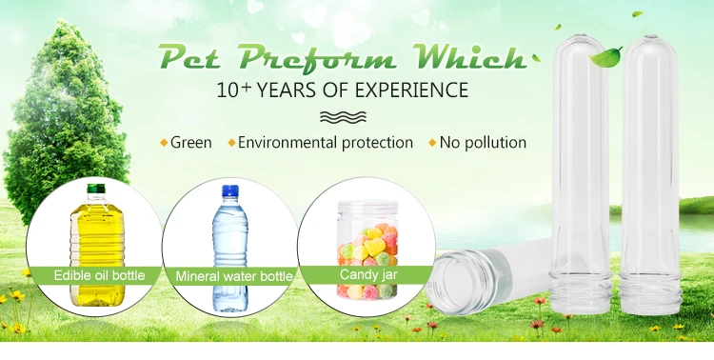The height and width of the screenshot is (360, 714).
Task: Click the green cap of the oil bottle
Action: [x=96, y=189]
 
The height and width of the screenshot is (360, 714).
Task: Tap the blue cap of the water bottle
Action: [x=230, y=190]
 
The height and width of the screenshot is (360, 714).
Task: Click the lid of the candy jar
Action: [x=367, y=208]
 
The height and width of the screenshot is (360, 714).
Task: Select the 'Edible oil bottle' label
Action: [x=99, y=275]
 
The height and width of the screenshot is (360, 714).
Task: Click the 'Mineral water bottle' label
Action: [x=234, y=276]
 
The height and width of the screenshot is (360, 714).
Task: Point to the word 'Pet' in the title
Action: [x=189, y=58]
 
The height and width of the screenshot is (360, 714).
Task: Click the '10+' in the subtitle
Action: [x=234, y=90]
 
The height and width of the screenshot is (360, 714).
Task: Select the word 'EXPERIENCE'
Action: [x=411, y=90]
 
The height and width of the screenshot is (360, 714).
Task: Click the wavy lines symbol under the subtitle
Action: [x=343, y=117]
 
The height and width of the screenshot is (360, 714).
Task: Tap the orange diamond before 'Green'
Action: [x=164, y=143]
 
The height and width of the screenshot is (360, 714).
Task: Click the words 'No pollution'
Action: [x=483, y=143]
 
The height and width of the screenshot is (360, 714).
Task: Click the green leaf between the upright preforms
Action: [x=605, y=57]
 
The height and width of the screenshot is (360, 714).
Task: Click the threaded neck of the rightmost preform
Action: [x=650, y=292]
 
